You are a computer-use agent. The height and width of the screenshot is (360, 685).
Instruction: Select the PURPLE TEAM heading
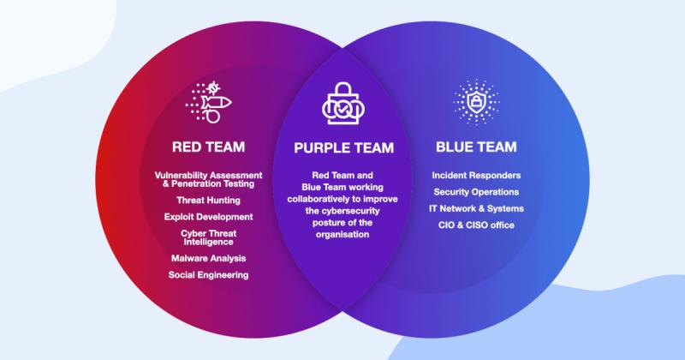click(344, 147)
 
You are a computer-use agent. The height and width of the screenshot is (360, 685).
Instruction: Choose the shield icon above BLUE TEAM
click(476, 102)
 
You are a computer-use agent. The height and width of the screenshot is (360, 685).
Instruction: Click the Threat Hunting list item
click(208, 200)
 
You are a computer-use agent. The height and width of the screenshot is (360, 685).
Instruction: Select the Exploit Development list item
click(208, 216)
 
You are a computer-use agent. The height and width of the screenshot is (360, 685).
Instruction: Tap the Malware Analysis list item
click(208, 258)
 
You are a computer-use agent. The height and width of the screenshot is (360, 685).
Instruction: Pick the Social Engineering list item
click(208, 275)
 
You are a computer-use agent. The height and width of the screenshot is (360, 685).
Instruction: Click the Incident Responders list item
click(476, 176)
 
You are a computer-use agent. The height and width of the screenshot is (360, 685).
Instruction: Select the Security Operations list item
click(476, 192)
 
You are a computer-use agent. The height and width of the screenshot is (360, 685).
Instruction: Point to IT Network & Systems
click(476, 208)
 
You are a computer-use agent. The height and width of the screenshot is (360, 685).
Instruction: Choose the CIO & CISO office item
click(476, 225)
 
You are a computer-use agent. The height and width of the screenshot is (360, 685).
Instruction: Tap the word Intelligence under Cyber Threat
click(208, 241)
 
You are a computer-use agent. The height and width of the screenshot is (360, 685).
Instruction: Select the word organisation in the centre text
click(342, 233)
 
